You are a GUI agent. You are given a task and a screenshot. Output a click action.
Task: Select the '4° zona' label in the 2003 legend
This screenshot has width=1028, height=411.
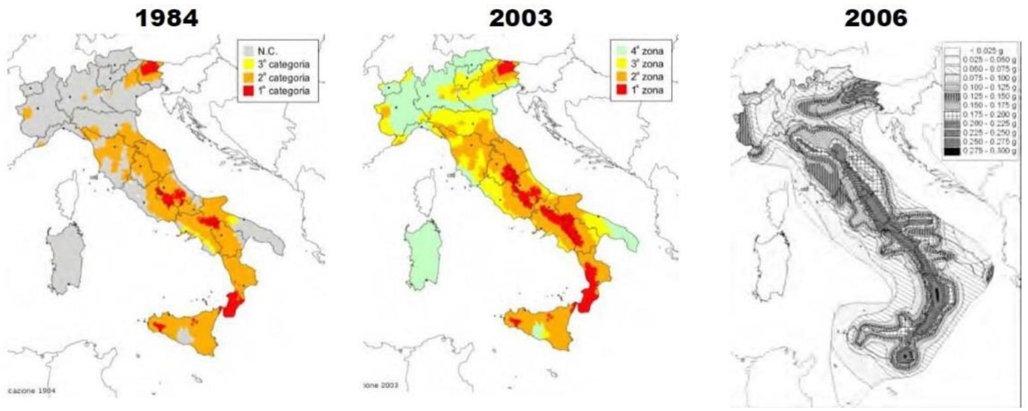click(648, 50)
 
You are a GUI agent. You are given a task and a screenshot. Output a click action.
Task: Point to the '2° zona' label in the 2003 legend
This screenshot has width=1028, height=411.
click(648, 77)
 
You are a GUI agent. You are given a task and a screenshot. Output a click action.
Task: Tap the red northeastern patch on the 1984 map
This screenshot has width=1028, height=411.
click(151, 67)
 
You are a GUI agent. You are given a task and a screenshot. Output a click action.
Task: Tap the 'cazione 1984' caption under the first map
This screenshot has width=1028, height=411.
click(31, 391)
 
